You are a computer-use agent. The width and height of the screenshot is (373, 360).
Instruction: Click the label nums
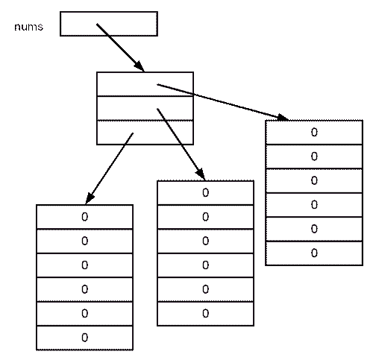[x=29, y=27]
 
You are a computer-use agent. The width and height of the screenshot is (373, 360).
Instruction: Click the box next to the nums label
[x=109, y=24]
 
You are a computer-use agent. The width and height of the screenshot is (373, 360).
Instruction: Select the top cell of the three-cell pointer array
[x=145, y=84]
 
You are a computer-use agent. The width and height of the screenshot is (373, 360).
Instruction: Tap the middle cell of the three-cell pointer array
[x=145, y=108]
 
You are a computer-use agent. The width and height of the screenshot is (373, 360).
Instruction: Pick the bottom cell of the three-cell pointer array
[x=145, y=133]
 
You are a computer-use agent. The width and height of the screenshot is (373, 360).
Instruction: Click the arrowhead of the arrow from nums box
[x=140, y=66]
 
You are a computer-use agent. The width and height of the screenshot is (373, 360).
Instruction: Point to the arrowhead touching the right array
[x=283, y=117]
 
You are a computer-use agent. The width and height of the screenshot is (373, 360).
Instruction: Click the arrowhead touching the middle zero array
[x=201, y=174]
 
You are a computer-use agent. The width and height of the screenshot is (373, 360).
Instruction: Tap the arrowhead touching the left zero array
[x=90, y=198]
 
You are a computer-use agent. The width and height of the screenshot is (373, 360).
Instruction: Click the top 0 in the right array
[x=314, y=133]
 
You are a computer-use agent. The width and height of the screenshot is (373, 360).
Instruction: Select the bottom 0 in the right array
[x=314, y=253]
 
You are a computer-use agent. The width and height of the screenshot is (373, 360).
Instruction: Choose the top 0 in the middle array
[x=206, y=193]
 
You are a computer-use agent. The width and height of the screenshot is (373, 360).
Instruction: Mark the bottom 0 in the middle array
[x=206, y=314]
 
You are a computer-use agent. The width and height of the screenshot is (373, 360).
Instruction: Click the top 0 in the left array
[x=85, y=217]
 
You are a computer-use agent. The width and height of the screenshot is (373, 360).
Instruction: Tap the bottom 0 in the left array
[x=85, y=338]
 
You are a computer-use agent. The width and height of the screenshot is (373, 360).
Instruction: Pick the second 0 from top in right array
[x=314, y=157]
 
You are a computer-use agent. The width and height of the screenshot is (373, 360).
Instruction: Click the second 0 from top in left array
[x=85, y=241]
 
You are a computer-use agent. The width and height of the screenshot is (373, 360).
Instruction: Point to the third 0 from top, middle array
[x=206, y=241]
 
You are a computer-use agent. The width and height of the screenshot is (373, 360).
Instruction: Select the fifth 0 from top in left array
[x=85, y=314]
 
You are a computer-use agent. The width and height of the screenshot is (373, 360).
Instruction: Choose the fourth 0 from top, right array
[x=314, y=205]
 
